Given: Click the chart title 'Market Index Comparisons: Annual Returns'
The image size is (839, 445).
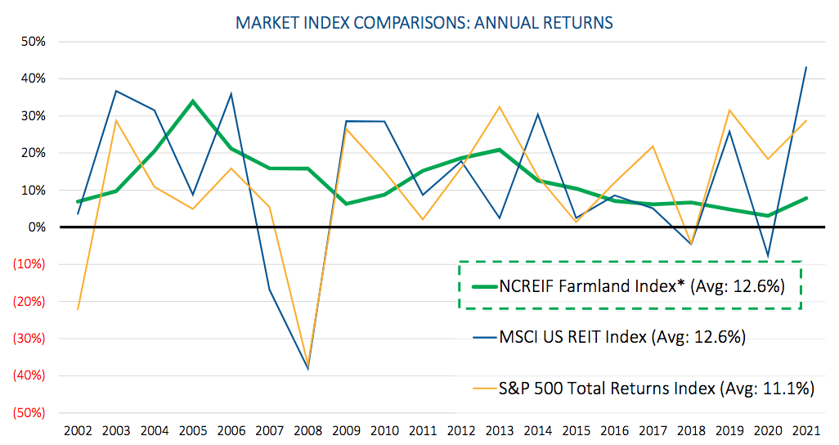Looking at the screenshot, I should click(424, 22).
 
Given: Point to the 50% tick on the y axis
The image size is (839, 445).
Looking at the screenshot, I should click(34, 42).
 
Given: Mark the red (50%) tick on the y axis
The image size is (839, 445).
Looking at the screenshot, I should click(29, 413).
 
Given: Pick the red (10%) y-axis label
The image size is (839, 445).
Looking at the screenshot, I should click(29, 264).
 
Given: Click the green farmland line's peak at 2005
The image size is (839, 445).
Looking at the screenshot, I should click(192, 101).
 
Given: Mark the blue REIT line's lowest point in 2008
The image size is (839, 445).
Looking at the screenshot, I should click(307, 370).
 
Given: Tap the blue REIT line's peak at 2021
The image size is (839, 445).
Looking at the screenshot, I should click(807, 67).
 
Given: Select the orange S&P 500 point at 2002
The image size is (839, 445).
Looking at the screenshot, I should click(78, 309).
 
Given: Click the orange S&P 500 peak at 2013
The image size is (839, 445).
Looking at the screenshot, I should click(500, 106).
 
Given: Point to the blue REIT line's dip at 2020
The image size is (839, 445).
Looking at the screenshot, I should click(769, 257).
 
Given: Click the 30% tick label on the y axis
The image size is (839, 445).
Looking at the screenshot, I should click(34, 116).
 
